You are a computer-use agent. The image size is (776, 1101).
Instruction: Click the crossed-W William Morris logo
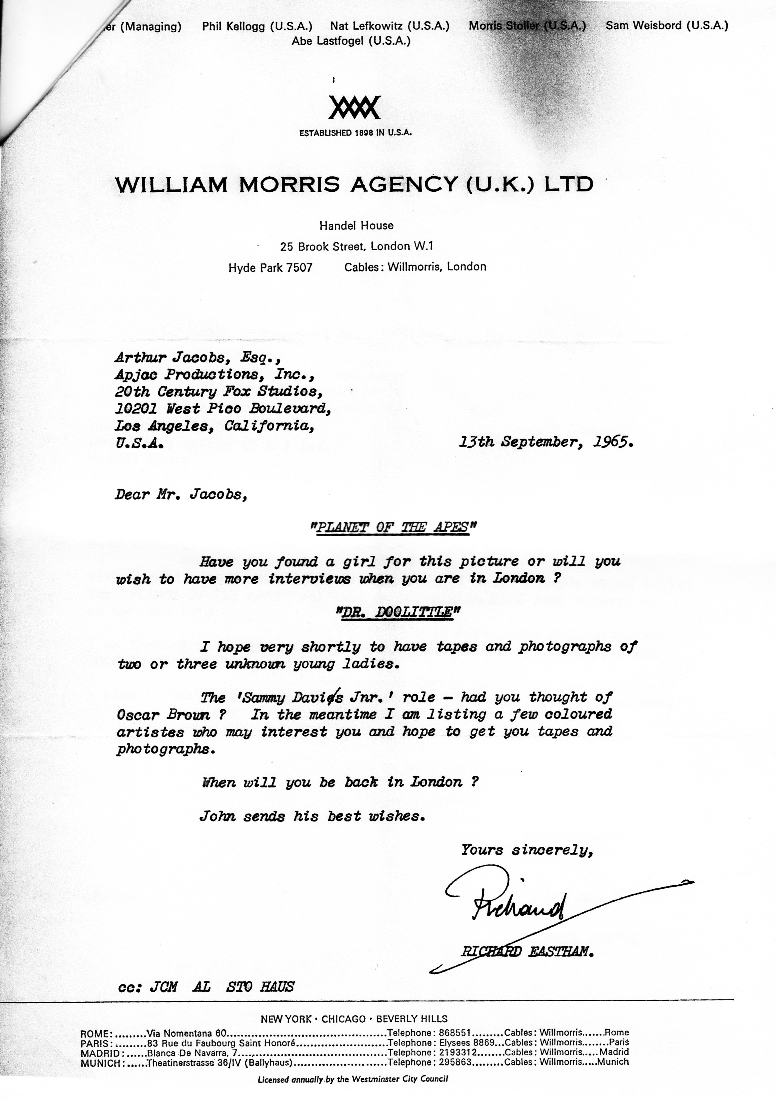(355, 107)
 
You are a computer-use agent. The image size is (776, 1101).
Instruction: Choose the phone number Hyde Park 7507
(270, 267)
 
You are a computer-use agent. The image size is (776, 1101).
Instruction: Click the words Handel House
(356, 225)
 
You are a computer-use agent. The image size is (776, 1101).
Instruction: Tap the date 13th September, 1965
(546, 442)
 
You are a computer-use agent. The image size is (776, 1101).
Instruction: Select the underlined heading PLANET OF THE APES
(392, 527)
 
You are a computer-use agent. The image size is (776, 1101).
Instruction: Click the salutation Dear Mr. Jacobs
(180, 494)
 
